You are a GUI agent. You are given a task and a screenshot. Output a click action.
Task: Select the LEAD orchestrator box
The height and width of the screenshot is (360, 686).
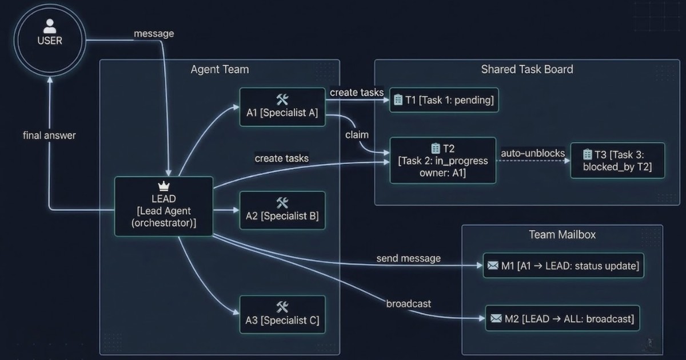[163, 206]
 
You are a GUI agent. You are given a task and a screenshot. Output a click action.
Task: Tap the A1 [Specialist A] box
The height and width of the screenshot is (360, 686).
[282, 106]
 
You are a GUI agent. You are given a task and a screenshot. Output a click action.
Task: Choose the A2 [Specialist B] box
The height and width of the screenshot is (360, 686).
[282, 210]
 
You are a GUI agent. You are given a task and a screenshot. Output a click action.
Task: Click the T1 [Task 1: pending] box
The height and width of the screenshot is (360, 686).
[444, 101]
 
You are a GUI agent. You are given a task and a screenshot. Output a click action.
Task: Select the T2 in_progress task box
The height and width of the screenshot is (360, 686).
[443, 161]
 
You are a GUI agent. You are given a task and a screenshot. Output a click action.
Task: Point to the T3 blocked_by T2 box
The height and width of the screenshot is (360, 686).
[617, 161]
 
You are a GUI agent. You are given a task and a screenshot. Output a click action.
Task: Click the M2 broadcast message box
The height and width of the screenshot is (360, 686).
[562, 318]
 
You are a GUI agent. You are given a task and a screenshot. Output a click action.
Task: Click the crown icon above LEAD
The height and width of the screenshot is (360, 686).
[163, 187]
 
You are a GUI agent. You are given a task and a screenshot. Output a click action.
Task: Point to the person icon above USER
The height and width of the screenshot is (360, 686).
[50, 26]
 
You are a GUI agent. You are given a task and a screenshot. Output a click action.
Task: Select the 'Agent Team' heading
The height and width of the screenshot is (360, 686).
[220, 70]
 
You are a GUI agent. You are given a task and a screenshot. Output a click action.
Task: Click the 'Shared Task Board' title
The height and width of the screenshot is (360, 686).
[527, 69]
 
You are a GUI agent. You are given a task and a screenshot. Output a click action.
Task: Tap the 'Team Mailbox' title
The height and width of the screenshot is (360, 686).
[561, 234]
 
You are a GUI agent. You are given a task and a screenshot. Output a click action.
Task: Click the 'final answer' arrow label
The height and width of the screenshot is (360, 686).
[49, 135]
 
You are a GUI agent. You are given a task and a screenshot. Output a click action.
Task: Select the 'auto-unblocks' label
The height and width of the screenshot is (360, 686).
[533, 153]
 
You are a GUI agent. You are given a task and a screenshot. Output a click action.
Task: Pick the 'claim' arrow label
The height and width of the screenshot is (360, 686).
[357, 135]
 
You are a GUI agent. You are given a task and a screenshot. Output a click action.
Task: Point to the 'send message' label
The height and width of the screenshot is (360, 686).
[408, 258]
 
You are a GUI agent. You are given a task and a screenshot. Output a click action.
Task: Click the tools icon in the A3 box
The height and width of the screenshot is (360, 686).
[282, 307]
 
